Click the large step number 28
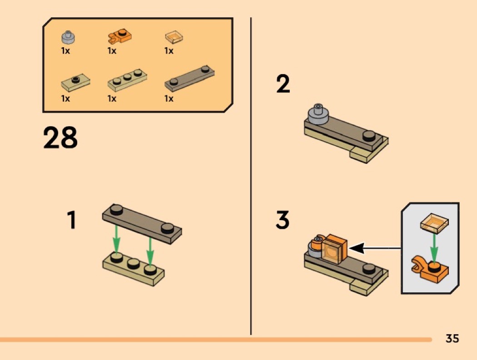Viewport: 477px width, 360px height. (x=60, y=138)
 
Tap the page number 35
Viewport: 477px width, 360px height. (x=452, y=338)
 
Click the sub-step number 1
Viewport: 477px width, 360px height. (x=71, y=220)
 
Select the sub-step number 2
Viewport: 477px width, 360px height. (x=283, y=84)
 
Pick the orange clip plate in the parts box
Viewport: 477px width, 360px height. (x=119, y=37)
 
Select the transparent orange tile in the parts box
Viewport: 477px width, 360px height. (x=174, y=37)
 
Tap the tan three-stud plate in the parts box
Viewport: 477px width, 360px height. (x=128, y=80)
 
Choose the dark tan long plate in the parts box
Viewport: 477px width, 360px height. (x=189, y=78)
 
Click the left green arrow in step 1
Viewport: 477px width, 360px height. (x=116, y=240)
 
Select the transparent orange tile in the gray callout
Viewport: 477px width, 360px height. (x=434, y=223)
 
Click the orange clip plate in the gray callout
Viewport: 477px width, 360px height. (x=430, y=268)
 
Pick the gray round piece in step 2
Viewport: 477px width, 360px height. (x=318, y=114)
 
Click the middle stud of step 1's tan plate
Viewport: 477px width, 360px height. (x=133, y=263)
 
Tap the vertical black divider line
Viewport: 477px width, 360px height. (x=251, y=176)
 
